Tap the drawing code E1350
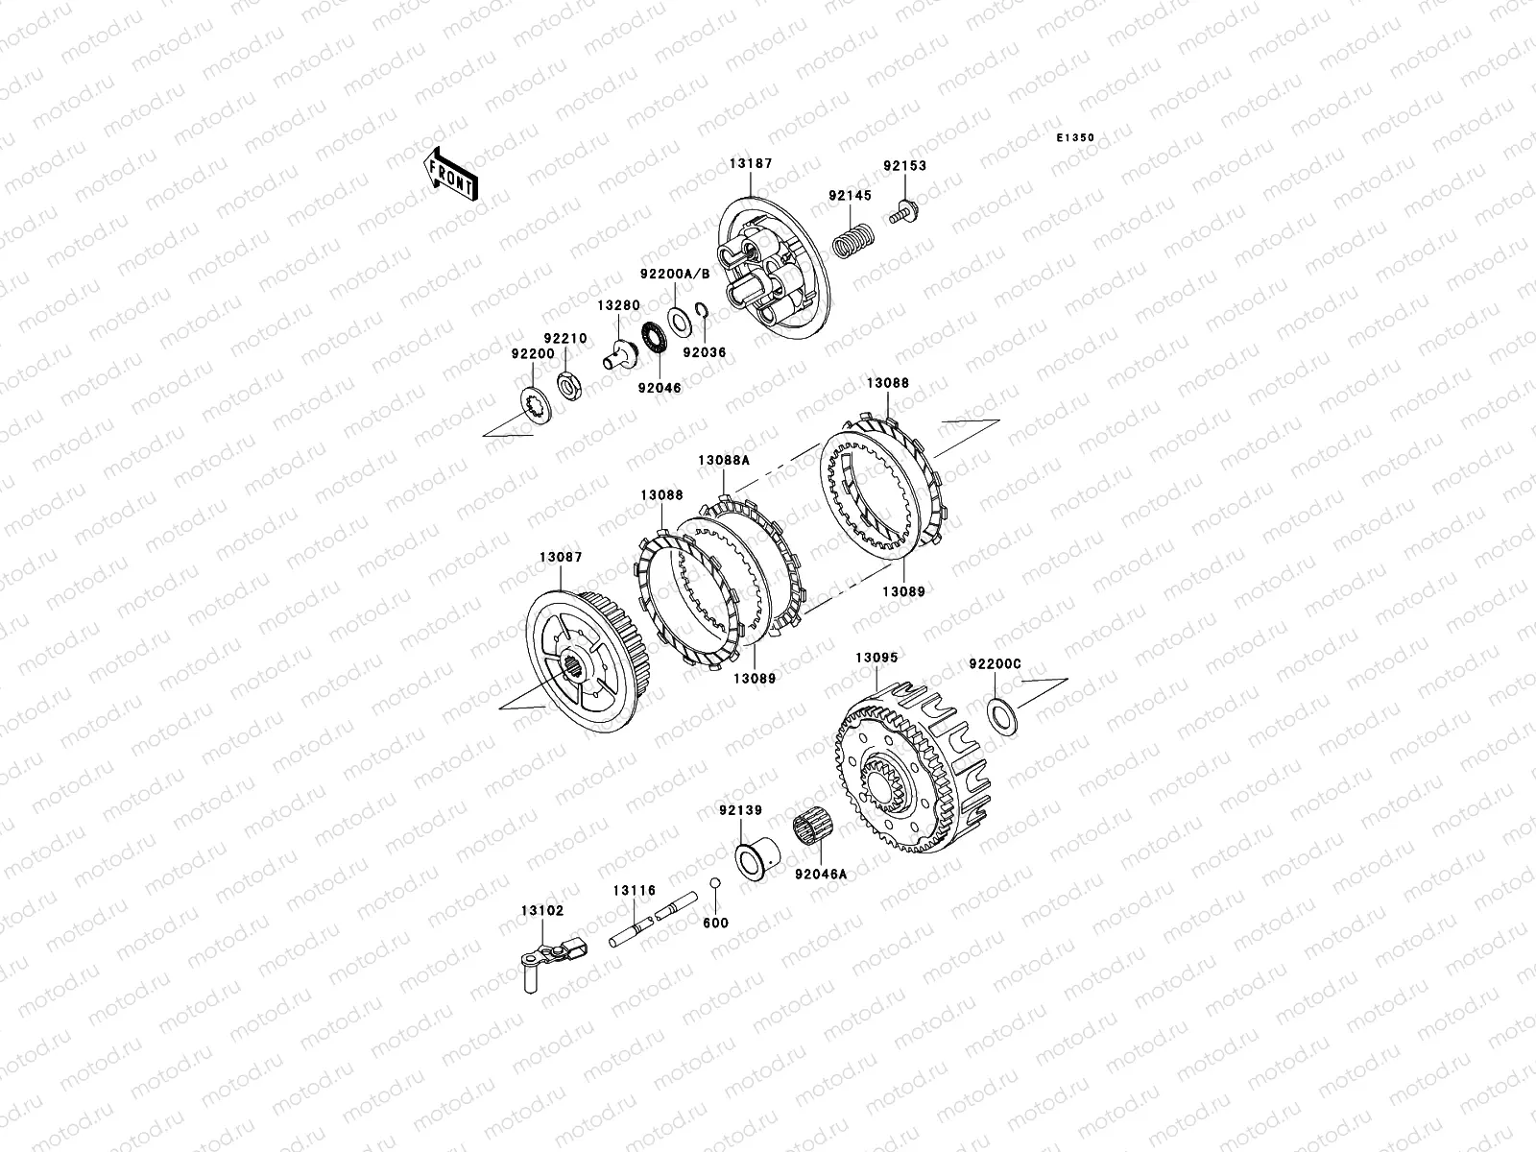(x=1075, y=138)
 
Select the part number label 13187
(x=751, y=163)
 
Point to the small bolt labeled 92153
(x=904, y=211)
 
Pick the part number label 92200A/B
(x=675, y=274)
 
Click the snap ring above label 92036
(x=702, y=310)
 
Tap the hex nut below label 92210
(x=569, y=385)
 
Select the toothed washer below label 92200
(x=537, y=406)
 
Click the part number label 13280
(x=618, y=305)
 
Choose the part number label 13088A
(x=724, y=460)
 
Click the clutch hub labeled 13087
(x=581, y=660)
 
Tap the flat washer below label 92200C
(x=1002, y=715)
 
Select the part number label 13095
(x=876, y=658)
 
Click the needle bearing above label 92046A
(x=813, y=830)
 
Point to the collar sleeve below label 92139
(x=757, y=859)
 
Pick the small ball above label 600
(x=714, y=882)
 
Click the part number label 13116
(x=635, y=891)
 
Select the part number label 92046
(x=660, y=388)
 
